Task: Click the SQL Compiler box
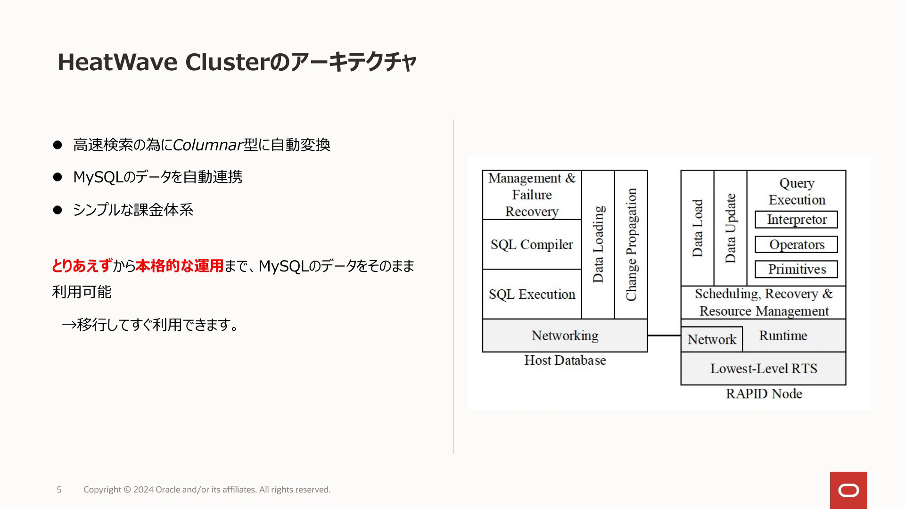532,244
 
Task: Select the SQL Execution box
532,294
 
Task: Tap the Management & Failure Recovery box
532,195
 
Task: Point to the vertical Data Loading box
598,244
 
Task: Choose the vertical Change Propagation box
631,244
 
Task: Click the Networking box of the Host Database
565,336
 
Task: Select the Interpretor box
796,220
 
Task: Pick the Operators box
796,245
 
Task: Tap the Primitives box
796,269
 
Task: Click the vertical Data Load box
698,228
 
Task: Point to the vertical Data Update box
731,228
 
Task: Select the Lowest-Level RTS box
764,369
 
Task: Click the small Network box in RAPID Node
712,339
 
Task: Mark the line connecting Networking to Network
664,336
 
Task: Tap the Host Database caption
565,361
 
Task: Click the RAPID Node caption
764,394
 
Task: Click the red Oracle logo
848,490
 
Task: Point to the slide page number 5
59,490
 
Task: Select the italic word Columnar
208,145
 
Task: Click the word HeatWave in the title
117,62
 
